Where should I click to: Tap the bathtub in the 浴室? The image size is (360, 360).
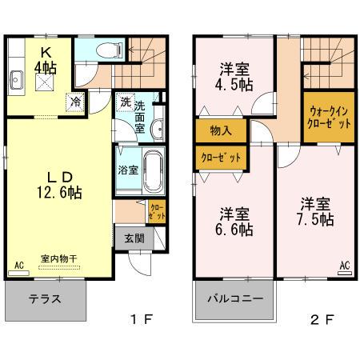152,169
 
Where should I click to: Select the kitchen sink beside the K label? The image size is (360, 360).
17,78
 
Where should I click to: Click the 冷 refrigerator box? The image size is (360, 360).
74,102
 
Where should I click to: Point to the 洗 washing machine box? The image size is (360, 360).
126,102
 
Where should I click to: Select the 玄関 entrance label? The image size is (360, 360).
134,238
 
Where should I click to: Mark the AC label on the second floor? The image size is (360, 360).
346,266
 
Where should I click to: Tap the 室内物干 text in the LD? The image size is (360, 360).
58,258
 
